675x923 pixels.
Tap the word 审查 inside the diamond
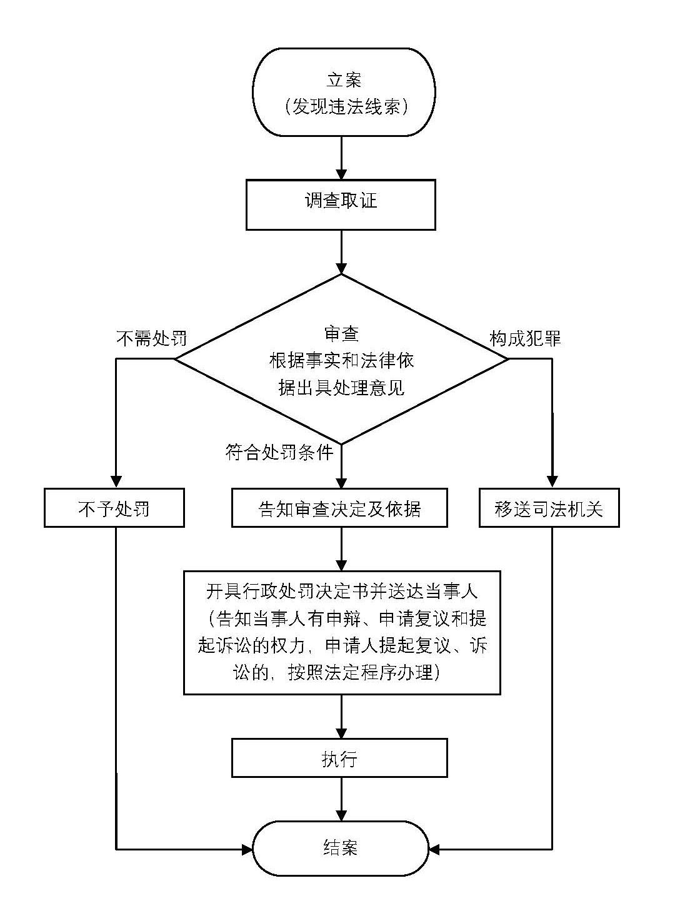(341, 333)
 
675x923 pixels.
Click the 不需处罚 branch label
(151, 338)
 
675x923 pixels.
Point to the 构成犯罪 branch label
(525, 338)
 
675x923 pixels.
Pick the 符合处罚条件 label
(279, 452)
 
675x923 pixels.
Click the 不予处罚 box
(114, 508)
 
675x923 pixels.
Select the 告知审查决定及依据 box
(339, 508)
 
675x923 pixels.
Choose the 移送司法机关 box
(549, 508)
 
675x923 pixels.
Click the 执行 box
(339, 759)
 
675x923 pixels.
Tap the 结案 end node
(341, 848)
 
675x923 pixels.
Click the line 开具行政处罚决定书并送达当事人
(341, 591)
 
